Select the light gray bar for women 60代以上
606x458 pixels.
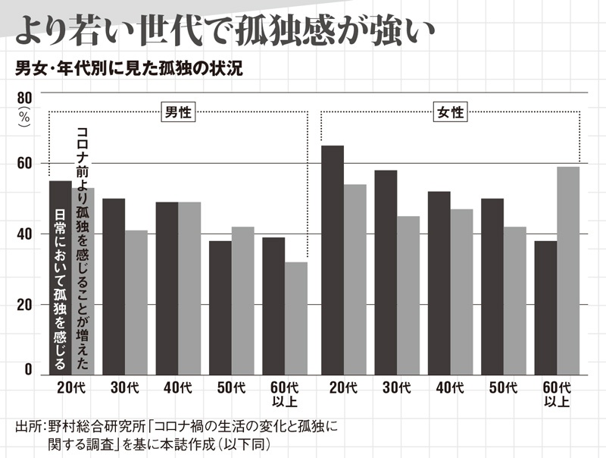point(568,270)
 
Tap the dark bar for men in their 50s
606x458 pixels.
point(220,307)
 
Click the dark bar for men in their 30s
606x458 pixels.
point(114,285)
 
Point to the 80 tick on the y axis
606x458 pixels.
point(24,98)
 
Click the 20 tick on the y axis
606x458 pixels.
point(24,304)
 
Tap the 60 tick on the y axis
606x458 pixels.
point(24,164)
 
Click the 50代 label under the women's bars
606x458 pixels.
point(503,387)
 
